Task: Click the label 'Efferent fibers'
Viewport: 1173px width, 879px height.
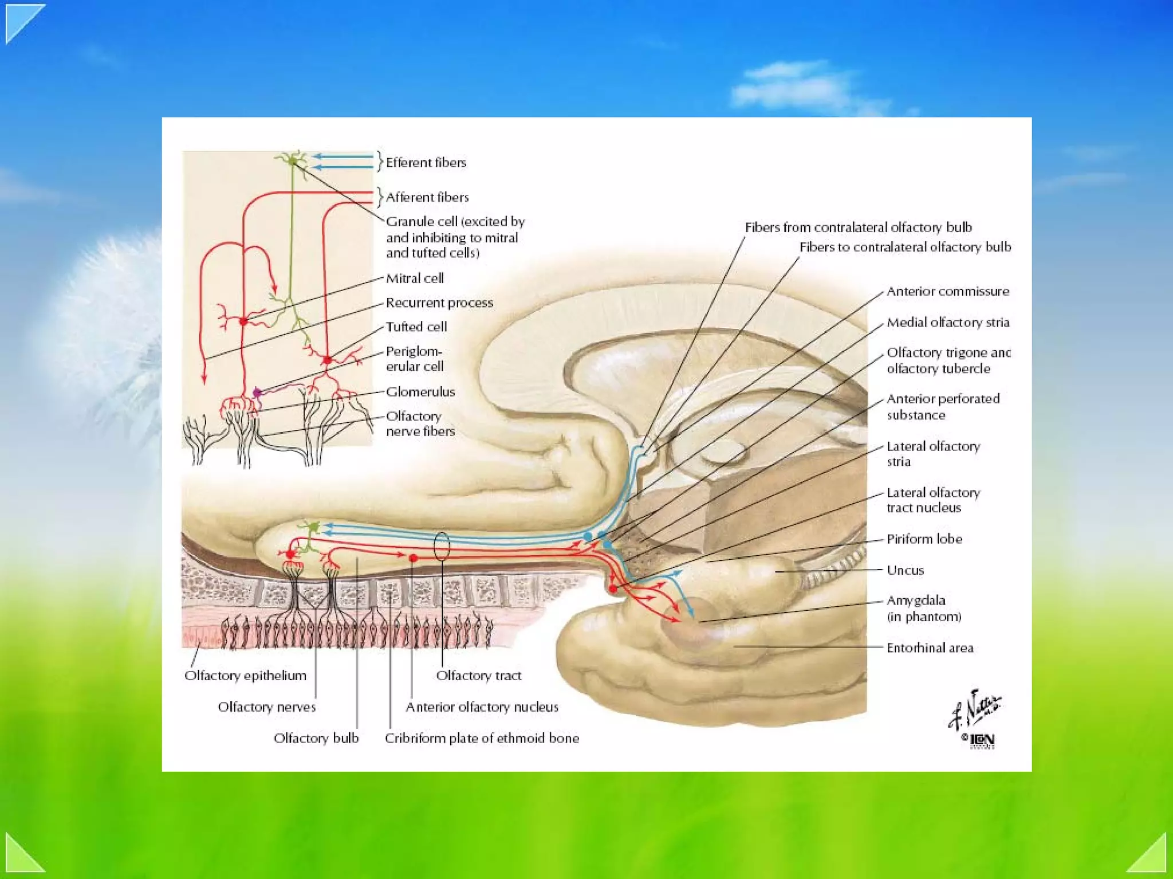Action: click(x=426, y=163)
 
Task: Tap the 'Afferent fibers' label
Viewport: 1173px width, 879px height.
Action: click(x=427, y=197)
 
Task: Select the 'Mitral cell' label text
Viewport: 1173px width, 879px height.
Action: click(x=415, y=278)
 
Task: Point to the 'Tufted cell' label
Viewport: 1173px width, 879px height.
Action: click(x=416, y=327)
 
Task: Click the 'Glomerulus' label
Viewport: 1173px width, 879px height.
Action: click(x=420, y=392)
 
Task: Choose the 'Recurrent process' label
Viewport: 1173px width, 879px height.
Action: click(x=439, y=303)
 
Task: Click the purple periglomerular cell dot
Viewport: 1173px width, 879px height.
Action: click(x=257, y=393)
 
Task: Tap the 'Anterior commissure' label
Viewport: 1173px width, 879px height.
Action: click(x=947, y=291)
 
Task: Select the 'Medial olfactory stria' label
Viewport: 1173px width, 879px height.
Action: click(x=948, y=323)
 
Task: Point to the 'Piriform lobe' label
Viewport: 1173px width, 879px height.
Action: click(x=924, y=539)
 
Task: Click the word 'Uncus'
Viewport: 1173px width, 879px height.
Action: click(x=905, y=570)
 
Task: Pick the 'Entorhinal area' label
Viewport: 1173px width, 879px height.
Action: click(x=930, y=648)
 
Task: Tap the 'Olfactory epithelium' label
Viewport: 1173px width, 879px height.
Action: click(x=245, y=676)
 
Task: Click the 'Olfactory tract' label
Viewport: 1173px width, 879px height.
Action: click(x=478, y=676)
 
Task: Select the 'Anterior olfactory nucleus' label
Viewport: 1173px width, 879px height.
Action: click(x=482, y=707)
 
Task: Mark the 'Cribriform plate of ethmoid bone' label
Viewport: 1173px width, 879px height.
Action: click(x=482, y=738)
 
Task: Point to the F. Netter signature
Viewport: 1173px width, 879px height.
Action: click(x=975, y=711)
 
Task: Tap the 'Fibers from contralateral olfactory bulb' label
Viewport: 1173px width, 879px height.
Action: click(x=858, y=227)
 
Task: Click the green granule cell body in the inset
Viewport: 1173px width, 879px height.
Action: click(x=293, y=161)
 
